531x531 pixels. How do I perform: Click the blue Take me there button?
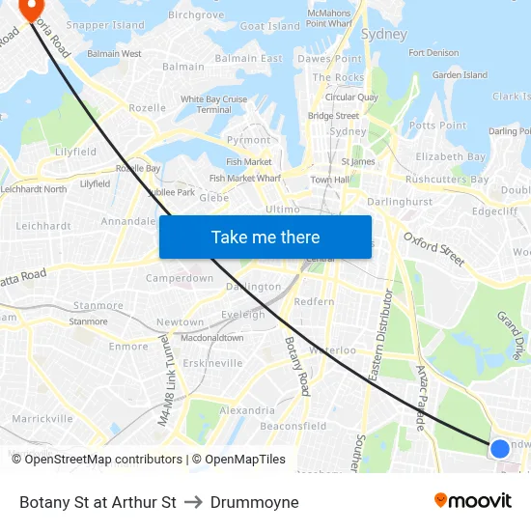click(x=265, y=237)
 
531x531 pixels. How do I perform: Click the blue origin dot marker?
click(x=499, y=448)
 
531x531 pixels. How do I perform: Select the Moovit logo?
click(x=473, y=501)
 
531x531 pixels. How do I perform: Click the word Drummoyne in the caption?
click(x=254, y=502)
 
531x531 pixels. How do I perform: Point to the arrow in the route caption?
click(x=193, y=502)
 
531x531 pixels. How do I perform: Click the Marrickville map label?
click(x=42, y=419)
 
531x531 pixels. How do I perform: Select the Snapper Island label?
click(x=105, y=25)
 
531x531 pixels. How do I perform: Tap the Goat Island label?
click(x=269, y=26)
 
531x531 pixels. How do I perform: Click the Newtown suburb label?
click(x=181, y=322)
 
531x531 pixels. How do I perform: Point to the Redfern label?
click(x=314, y=302)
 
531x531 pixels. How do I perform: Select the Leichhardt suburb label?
click(x=43, y=226)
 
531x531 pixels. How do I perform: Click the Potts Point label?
click(x=437, y=126)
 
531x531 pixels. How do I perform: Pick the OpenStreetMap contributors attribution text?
click(x=97, y=460)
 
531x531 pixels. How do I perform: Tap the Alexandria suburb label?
click(x=247, y=410)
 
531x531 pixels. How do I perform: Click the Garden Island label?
click(x=460, y=75)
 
